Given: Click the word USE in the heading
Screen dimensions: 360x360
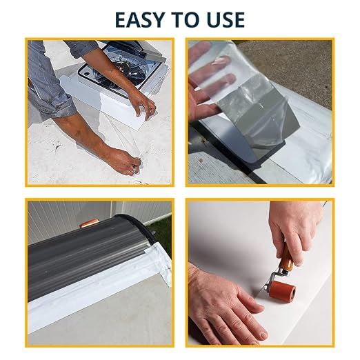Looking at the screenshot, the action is click(x=226, y=20).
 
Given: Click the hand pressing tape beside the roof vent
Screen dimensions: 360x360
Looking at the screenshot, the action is click(x=143, y=105).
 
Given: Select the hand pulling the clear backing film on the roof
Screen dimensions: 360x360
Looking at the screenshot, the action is click(x=129, y=162).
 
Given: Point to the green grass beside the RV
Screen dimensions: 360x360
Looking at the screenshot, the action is click(x=164, y=232).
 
